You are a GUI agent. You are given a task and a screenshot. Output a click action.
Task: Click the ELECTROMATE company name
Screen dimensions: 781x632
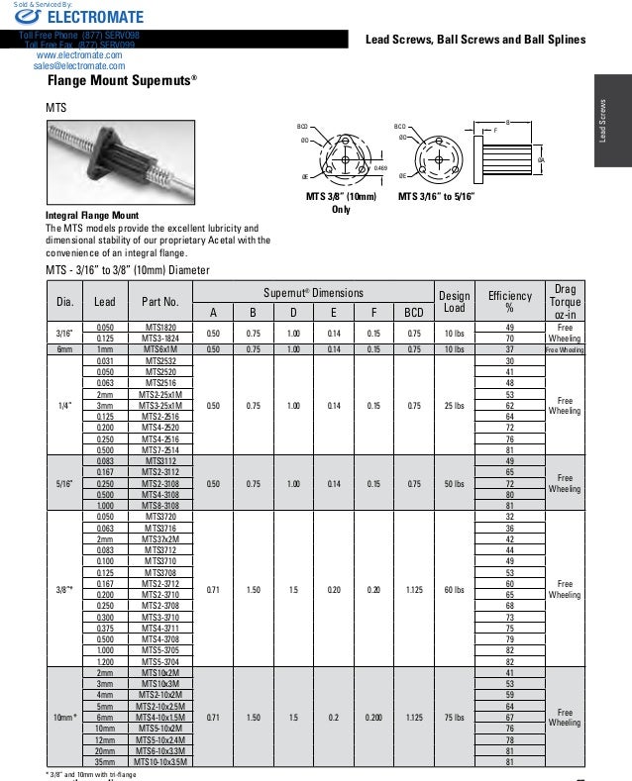(x=81, y=17)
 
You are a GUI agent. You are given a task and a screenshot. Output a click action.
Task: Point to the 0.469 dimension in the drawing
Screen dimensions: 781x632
(x=379, y=169)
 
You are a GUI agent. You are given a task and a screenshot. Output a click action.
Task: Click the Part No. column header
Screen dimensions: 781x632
(x=160, y=301)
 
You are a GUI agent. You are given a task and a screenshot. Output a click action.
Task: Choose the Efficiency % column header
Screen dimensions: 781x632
(x=510, y=301)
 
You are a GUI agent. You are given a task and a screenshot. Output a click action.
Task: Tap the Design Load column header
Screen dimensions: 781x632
(x=454, y=301)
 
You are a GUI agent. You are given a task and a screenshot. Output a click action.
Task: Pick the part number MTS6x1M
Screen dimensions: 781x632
(x=160, y=348)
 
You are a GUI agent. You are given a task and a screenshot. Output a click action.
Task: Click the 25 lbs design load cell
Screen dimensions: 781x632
(x=454, y=405)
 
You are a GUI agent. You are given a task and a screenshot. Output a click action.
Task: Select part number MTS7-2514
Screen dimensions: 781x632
(x=160, y=449)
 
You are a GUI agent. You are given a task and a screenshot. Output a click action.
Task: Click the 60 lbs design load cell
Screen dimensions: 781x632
(x=454, y=590)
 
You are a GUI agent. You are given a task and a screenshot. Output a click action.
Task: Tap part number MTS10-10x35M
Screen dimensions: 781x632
(x=160, y=761)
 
